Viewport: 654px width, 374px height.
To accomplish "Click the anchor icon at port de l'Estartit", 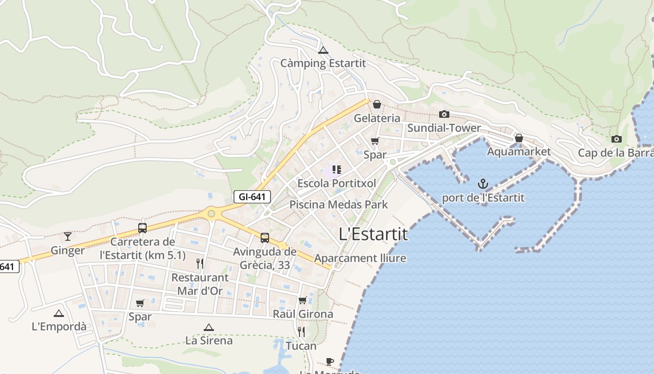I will [483, 184].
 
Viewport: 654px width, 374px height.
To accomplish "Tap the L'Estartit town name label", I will [373, 234].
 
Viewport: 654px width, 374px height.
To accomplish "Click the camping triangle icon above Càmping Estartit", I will [323, 50].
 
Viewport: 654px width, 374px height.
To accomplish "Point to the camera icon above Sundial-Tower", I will [444, 115].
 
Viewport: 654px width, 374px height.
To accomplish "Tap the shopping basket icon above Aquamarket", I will [519, 138].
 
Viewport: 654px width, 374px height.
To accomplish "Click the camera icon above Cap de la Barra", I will [616, 139].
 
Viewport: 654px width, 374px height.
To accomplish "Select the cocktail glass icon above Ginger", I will [68, 237].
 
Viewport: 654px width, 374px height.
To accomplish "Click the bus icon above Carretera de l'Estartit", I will [142, 228].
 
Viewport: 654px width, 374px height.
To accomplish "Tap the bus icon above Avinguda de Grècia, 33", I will [265, 238].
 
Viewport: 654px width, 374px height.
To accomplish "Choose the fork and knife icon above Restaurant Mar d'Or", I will [200, 264].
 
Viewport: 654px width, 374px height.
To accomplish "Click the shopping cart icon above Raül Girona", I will [302, 300].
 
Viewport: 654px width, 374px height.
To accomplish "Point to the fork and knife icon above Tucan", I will [301, 332].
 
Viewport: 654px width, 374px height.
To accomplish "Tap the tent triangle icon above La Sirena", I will [209, 327].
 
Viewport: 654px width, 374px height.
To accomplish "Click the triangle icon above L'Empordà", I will [58, 313].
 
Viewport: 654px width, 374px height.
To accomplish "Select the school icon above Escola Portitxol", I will [336, 170].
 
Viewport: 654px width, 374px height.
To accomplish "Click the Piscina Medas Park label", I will [339, 204].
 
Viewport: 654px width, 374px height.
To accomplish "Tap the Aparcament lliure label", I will [360, 258].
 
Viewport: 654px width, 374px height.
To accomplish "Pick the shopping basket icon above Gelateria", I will [377, 104].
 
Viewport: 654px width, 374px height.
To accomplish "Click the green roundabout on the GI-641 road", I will [211, 214].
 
